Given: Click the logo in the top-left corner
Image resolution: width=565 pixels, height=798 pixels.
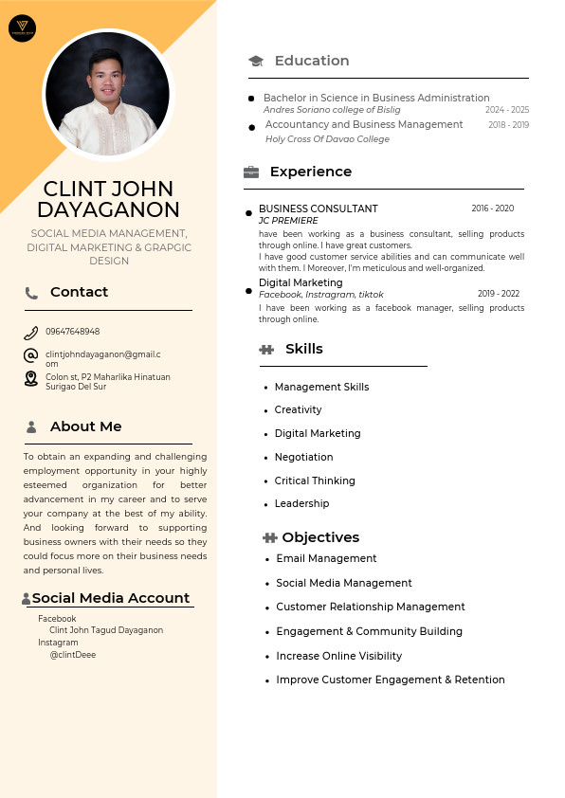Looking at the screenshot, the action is [22, 28].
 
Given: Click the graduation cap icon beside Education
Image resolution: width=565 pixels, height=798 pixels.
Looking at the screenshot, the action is [256, 61].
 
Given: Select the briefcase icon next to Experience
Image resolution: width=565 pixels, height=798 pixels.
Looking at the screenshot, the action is [251, 172].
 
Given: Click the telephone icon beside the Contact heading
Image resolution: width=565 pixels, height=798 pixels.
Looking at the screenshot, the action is [31, 293].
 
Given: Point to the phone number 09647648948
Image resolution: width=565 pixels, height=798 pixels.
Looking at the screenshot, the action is [73, 332].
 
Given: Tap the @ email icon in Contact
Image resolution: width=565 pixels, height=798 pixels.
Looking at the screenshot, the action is [31, 355].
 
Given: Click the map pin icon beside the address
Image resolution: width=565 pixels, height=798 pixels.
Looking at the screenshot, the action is [31, 379].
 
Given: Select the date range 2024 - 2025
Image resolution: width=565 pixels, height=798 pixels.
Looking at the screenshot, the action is [507, 110].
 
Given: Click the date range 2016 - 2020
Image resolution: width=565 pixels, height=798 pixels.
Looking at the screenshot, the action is [493, 209].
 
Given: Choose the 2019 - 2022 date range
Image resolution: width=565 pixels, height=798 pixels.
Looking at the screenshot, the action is [499, 294].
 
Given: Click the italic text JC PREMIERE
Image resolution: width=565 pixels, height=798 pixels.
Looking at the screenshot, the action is [288, 221].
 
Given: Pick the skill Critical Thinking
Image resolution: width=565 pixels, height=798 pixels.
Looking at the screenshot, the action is [315, 481].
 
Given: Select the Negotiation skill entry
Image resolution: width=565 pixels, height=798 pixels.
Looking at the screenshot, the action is [303, 457].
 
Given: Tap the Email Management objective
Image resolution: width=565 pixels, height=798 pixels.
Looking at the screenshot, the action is [326, 558].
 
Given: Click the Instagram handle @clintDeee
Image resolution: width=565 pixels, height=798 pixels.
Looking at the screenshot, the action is [73, 654].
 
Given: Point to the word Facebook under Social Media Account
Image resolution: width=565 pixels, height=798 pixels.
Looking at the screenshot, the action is [57, 619].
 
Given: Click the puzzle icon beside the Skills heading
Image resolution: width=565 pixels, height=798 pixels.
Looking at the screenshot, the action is [266, 350].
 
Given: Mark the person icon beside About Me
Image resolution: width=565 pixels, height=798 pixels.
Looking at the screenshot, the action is [31, 427].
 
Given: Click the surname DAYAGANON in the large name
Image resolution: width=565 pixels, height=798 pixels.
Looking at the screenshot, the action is [108, 209].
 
